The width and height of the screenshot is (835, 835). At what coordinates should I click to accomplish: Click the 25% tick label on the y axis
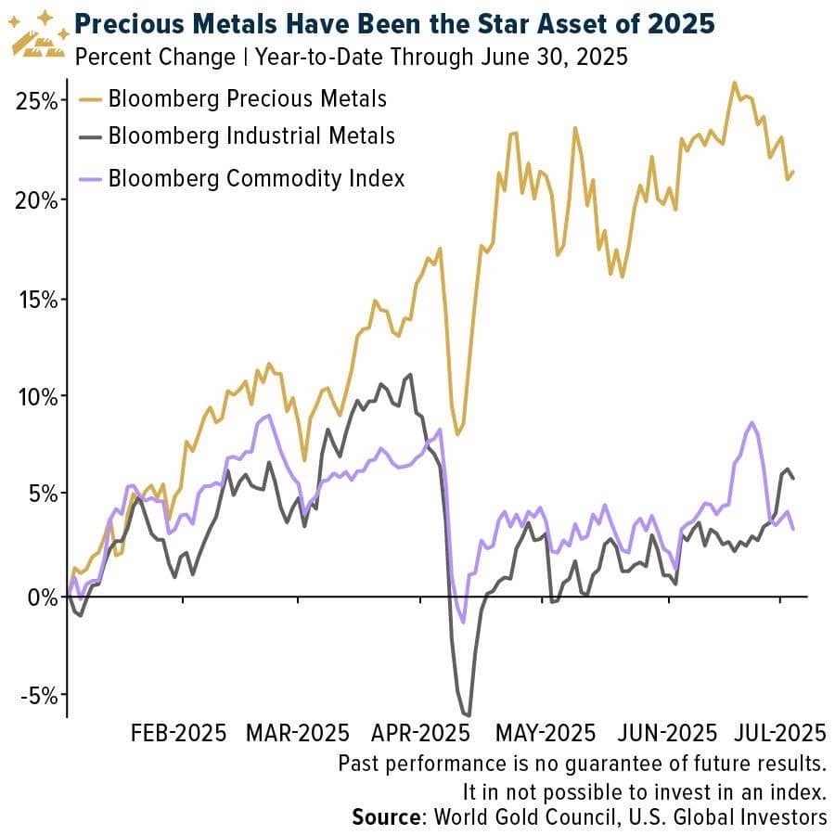pyautogui.click(x=37, y=100)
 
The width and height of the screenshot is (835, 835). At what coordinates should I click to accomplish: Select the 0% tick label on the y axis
pyautogui.click(x=41, y=596)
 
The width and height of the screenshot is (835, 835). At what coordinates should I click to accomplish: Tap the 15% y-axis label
pyautogui.click(x=37, y=299)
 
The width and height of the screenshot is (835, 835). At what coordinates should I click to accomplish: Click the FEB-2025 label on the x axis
pyautogui.click(x=179, y=732)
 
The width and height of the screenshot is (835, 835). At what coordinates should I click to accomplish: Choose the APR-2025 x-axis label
pyautogui.click(x=418, y=732)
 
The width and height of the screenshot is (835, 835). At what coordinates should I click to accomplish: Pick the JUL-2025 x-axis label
pyautogui.click(x=779, y=732)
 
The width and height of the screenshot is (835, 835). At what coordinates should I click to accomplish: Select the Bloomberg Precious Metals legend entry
pyautogui.click(x=247, y=97)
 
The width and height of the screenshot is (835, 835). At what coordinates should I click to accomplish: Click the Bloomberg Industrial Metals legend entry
pyautogui.click(x=251, y=135)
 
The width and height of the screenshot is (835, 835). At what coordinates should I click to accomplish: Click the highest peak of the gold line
pyautogui.click(x=734, y=82)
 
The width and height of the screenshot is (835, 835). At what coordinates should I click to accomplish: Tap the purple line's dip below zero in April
pyautogui.click(x=463, y=622)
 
